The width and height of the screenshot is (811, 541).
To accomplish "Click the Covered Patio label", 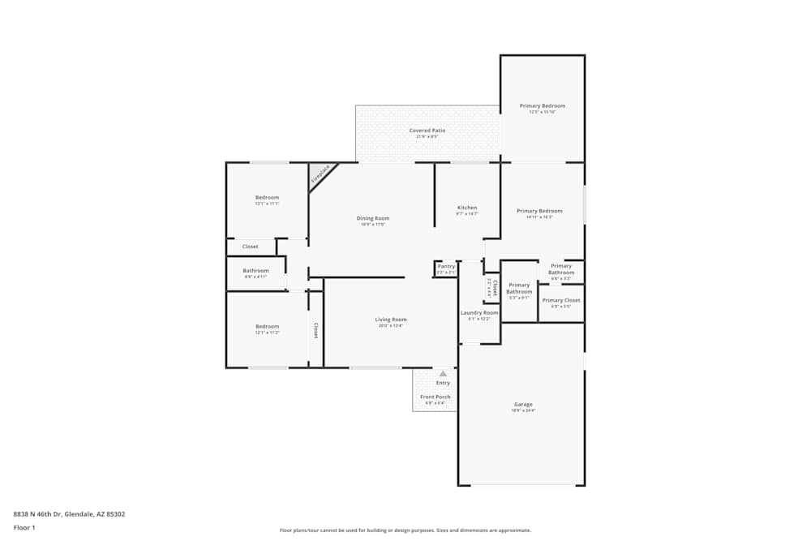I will click(427, 131).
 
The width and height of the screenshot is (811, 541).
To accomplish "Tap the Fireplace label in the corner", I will click(320, 174).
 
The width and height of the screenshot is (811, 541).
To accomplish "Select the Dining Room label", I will click(373, 218).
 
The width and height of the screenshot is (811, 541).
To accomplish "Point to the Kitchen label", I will click(466, 208).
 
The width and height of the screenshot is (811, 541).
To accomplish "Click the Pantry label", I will click(446, 266).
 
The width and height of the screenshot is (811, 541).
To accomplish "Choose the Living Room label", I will click(390, 320).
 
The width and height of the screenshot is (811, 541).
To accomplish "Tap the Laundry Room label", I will click(478, 312).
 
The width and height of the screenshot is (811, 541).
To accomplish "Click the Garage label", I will click(523, 404).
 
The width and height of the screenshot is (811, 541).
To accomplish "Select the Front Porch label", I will click(435, 397).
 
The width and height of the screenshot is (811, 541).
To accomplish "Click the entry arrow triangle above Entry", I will click(443, 374).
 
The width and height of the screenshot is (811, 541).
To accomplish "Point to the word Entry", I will click(443, 383).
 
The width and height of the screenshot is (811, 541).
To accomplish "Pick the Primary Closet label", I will click(560, 300).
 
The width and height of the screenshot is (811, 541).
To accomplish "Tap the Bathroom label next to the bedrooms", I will click(255, 270).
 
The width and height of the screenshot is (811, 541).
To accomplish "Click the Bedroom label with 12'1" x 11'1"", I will click(267, 197).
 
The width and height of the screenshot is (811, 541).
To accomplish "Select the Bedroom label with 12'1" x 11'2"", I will click(267, 326).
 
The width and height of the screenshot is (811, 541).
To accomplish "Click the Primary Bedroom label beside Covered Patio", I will click(542, 106).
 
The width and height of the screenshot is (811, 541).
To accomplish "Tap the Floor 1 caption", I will click(24, 527).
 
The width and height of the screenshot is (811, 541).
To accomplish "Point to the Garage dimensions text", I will click(523, 411).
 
